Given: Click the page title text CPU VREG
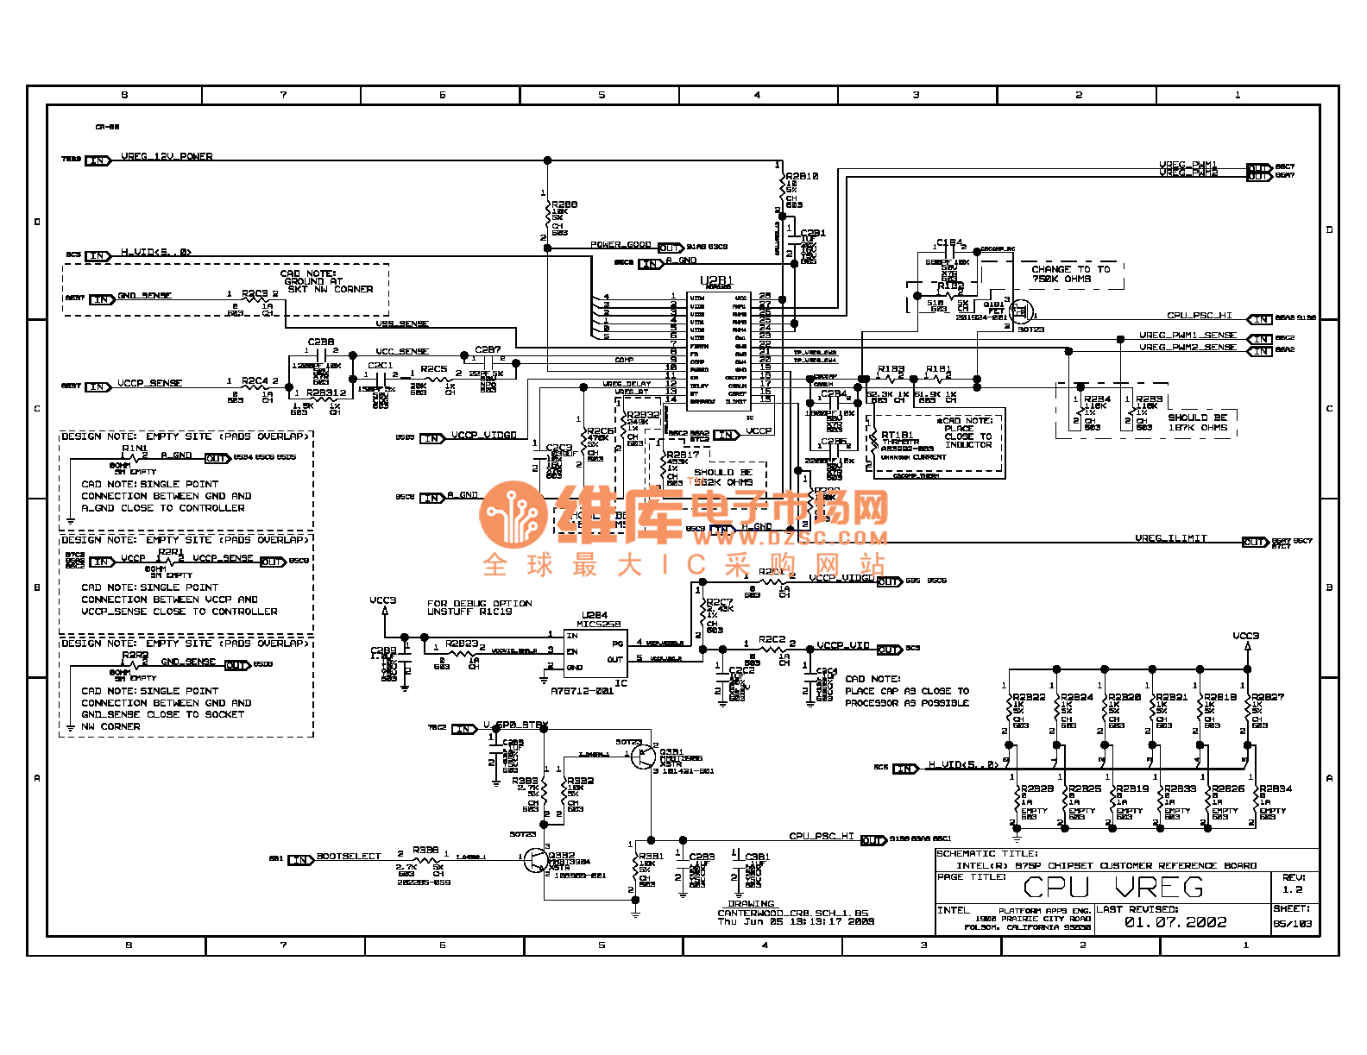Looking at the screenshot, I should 1112,888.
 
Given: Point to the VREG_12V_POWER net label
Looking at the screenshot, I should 167,157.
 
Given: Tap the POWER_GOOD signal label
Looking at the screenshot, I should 621,245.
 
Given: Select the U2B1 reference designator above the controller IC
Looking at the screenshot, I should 716,281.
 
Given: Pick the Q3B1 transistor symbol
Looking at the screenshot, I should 643,757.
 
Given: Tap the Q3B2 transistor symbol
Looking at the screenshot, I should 536,860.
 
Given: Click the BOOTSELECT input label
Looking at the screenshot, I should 349,857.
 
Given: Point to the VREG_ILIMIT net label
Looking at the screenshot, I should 1171,539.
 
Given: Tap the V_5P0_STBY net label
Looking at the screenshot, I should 515,725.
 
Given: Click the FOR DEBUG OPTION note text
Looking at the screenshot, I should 479,604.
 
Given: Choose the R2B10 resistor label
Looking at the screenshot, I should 802,177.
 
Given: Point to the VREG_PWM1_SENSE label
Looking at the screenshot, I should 1187,336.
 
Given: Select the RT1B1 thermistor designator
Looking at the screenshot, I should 897,436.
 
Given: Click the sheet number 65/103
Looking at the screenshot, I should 1293,924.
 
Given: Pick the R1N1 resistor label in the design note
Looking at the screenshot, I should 135,449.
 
